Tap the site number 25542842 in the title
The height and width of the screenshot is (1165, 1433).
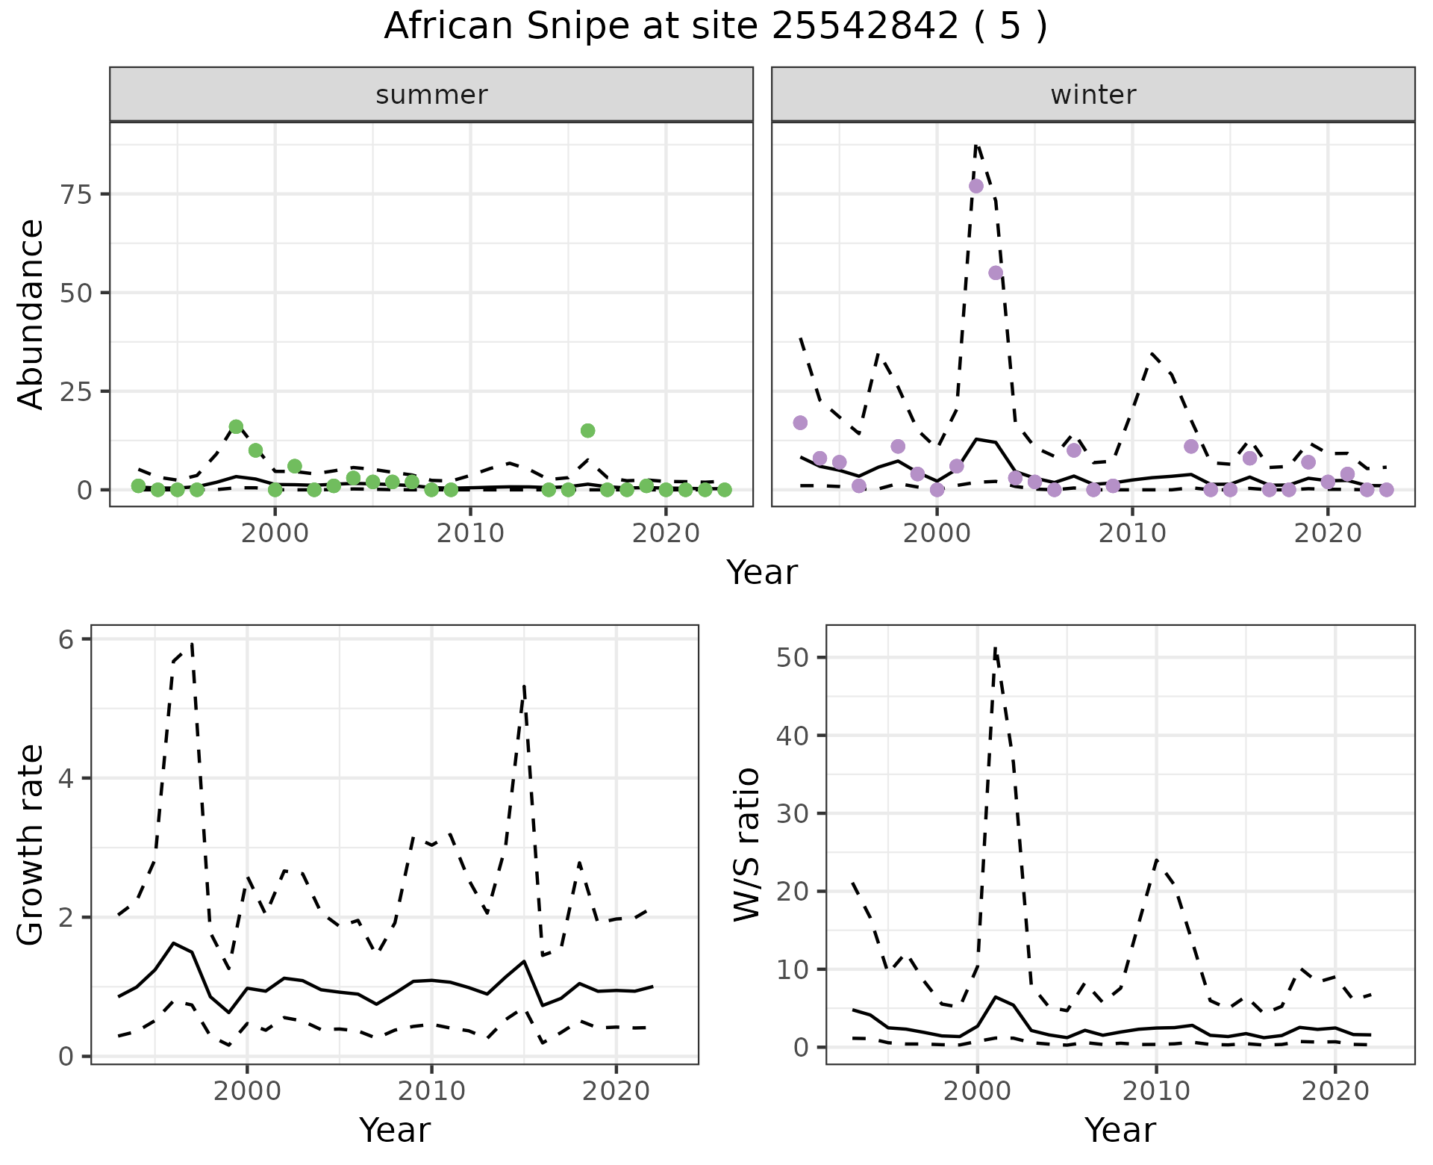pyautogui.click(x=864, y=27)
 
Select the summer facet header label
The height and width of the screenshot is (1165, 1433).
pyautogui.click(x=431, y=95)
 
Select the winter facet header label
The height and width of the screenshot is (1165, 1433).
pyautogui.click(x=1093, y=95)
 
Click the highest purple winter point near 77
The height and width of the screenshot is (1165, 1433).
pyautogui.click(x=976, y=186)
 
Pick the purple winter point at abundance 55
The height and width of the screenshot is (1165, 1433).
pyautogui.click(x=996, y=273)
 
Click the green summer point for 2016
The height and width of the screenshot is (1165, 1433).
pyautogui.click(x=587, y=430)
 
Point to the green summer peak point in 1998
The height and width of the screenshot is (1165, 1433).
pyautogui.click(x=236, y=426)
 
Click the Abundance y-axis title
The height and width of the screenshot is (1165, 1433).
pyautogui.click(x=31, y=314)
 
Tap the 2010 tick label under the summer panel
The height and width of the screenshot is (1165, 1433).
pyautogui.click(x=470, y=534)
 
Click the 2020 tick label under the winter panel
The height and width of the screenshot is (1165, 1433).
pyautogui.click(x=1328, y=534)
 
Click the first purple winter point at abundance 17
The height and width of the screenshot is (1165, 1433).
pyautogui.click(x=800, y=423)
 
